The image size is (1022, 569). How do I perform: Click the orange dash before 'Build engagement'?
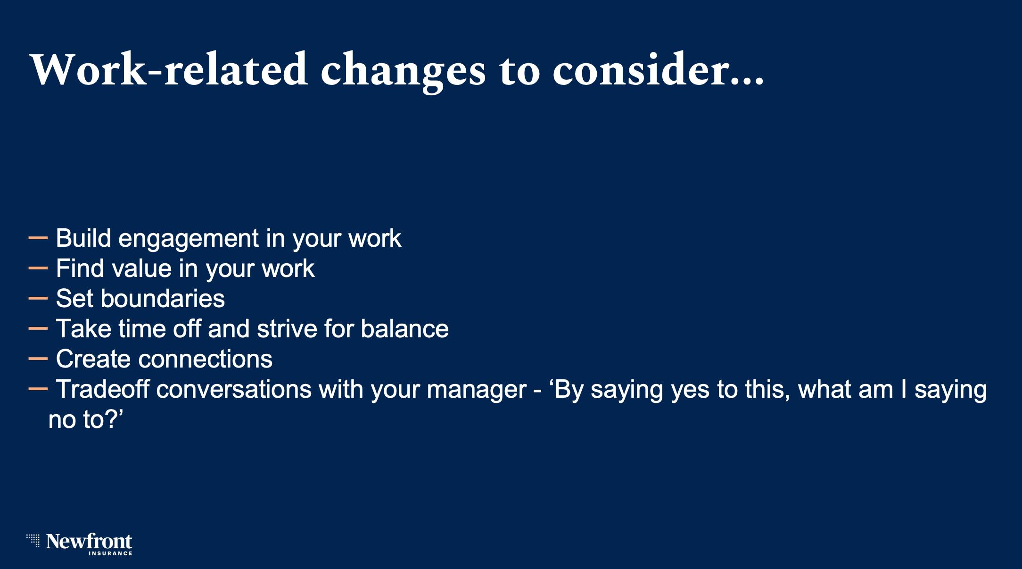click(x=38, y=238)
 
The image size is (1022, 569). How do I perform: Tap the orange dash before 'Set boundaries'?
click(x=38, y=299)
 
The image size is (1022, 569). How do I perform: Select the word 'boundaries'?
click(x=163, y=299)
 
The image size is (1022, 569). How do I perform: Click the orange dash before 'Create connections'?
click(x=38, y=359)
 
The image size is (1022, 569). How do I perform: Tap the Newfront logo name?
click(x=89, y=541)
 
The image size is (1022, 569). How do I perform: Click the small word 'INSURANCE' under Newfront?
click(x=110, y=553)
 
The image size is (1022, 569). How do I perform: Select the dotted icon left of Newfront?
click(x=33, y=541)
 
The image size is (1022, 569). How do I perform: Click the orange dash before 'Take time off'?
click(x=38, y=329)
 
